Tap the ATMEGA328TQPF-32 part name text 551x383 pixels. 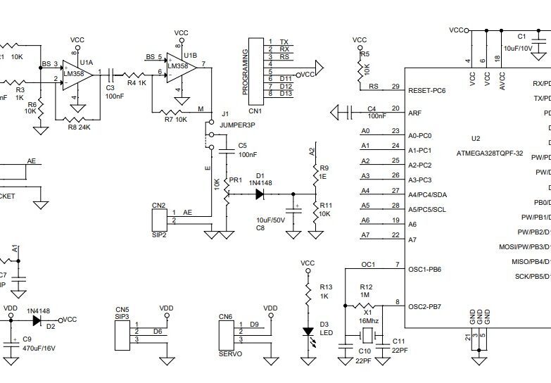coord(489,153)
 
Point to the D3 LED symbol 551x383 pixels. coord(308,332)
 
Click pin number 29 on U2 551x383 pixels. coord(395,87)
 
